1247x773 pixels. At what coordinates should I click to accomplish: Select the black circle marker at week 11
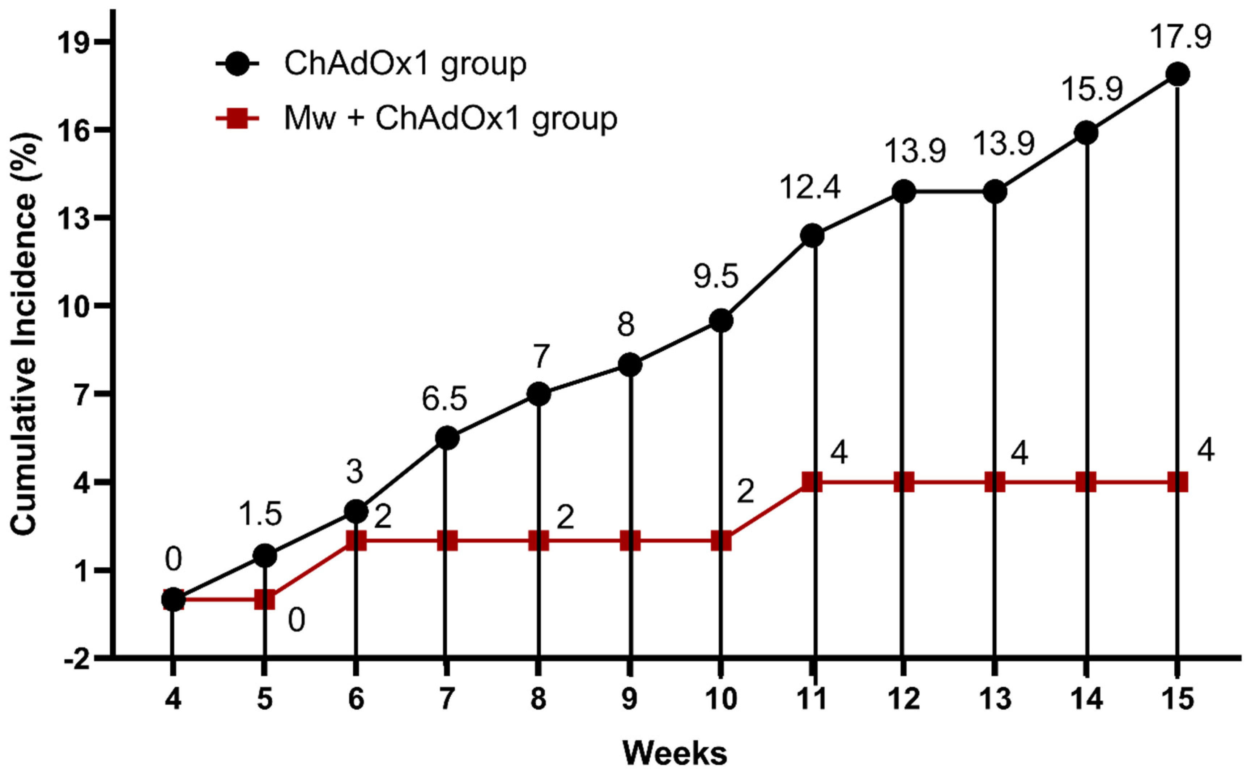[812, 236]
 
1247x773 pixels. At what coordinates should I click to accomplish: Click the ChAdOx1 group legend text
[405, 64]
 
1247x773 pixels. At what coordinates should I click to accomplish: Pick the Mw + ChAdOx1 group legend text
[450, 119]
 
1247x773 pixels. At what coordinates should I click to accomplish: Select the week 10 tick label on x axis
[720, 699]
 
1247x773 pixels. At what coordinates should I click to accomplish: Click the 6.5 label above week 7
[444, 399]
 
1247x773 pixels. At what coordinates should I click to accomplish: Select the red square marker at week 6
[356, 541]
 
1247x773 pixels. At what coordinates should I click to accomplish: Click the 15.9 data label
[1092, 89]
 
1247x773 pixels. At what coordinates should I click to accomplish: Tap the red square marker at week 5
[264, 599]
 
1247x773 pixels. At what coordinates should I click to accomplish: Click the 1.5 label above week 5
[260, 514]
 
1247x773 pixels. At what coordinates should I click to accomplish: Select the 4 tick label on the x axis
[173, 699]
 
